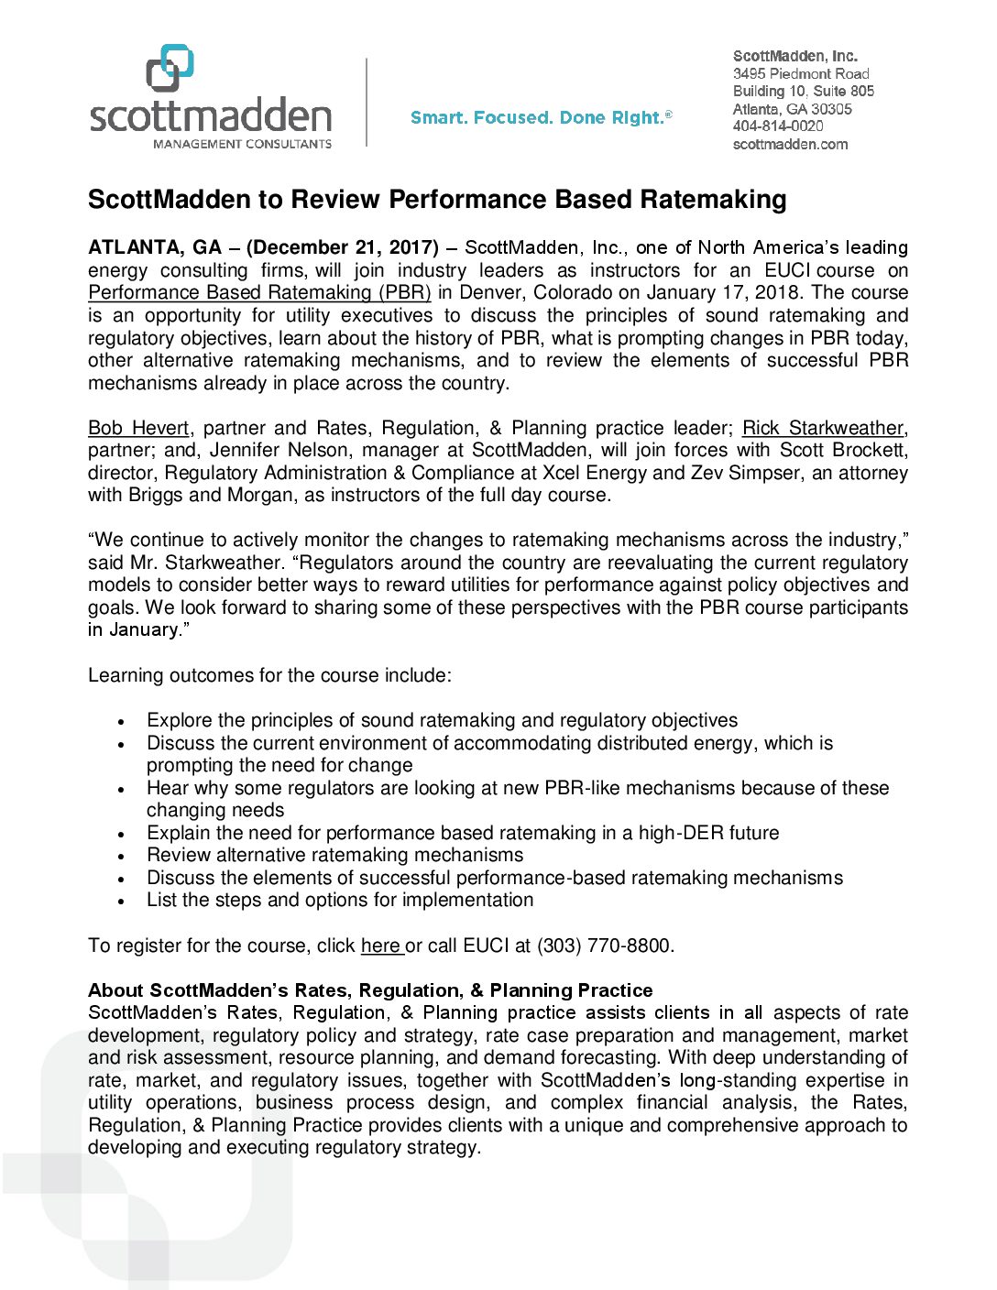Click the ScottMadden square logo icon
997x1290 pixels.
tap(170, 68)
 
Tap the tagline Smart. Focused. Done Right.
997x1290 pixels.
tap(541, 117)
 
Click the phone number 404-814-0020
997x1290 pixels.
tap(778, 126)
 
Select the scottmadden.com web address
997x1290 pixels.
tap(790, 144)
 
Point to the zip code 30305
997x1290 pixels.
tap(832, 109)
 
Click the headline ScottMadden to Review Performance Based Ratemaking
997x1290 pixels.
tap(437, 200)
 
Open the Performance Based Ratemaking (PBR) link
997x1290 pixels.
tap(259, 292)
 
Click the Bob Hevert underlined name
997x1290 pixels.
tap(138, 428)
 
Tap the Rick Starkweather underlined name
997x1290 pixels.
tap(823, 428)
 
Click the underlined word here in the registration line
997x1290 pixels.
tap(381, 946)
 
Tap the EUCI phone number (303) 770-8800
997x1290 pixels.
tap(604, 946)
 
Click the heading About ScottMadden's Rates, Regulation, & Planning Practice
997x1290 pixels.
tap(370, 990)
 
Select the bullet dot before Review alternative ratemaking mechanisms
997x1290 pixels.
tap(121, 857)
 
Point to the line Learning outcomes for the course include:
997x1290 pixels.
tap(269, 675)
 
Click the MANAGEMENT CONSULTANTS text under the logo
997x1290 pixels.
tap(242, 144)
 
